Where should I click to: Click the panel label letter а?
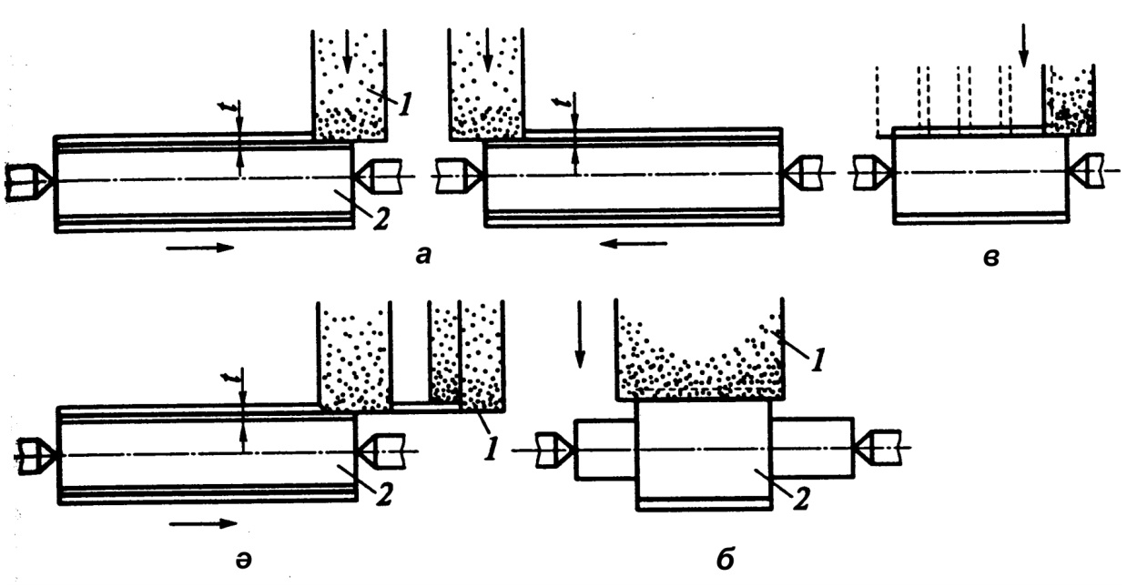click(421, 257)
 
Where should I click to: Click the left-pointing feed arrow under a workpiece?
click(638, 244)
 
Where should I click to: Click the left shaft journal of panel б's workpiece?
click(604, 449)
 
